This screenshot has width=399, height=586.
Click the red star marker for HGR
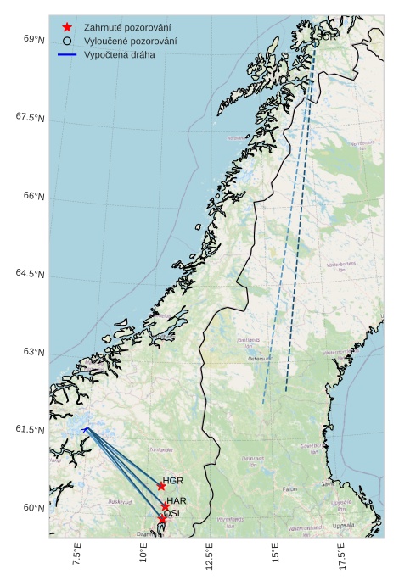click(161, 486)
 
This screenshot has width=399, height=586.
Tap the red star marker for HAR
click(166, 506)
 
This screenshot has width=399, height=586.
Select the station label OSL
click(172, 513)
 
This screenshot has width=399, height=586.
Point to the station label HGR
click(173, 481)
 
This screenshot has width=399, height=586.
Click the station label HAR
click(177, 501)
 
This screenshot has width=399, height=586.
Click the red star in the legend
click(67, 28)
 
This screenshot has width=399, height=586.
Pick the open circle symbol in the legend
click(67, 41)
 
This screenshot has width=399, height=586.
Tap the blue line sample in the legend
click(67, 54)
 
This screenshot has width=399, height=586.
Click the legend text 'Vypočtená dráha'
click(119, 54)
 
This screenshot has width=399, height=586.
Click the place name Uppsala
click(344, 525)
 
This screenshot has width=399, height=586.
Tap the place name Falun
click(290, 489)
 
